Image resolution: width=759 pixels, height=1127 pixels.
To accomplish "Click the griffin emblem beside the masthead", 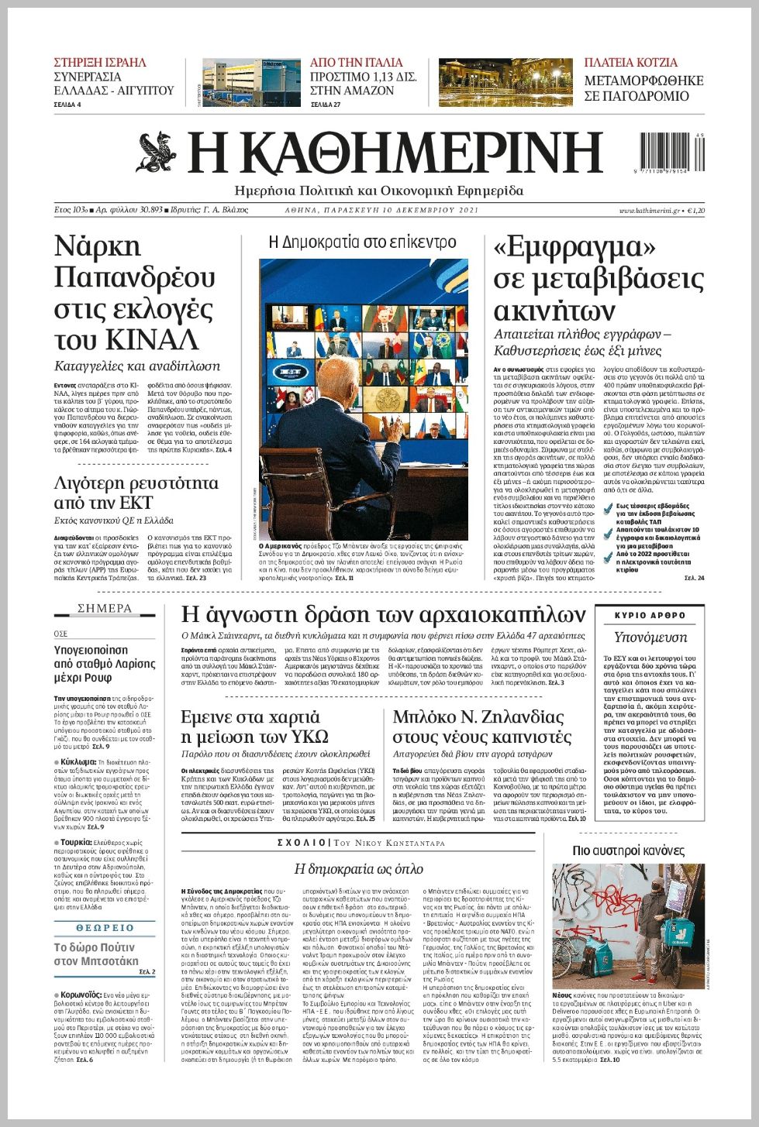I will coord(159,152).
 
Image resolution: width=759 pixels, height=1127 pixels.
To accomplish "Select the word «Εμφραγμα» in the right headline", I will coord(574,247).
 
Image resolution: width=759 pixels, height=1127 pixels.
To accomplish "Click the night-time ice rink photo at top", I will coord(505,82).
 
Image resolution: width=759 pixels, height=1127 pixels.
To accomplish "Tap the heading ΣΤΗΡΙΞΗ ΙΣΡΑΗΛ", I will coord(100,63).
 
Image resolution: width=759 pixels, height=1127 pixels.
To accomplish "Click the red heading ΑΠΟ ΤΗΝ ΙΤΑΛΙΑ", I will coord(356,63).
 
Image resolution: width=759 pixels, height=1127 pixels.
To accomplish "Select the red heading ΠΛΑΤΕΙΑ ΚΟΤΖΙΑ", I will coord(630,63).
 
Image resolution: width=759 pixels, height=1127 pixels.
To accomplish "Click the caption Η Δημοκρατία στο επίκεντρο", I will coord(362,242).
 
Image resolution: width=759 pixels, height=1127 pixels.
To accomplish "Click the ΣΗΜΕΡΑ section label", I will coord(105,609).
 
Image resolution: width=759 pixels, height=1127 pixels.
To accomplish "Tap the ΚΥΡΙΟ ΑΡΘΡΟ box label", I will coord(650,615).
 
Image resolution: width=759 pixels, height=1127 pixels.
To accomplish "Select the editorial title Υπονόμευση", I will coord(650,637).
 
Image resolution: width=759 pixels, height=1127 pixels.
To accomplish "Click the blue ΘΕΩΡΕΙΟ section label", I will coord(105,927).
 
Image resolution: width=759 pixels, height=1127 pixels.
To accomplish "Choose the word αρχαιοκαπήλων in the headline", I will coord(509,615).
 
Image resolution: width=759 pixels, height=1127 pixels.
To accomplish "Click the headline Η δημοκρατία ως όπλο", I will coord(358,869).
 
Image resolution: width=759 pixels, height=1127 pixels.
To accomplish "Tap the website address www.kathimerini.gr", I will coord(649,211).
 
